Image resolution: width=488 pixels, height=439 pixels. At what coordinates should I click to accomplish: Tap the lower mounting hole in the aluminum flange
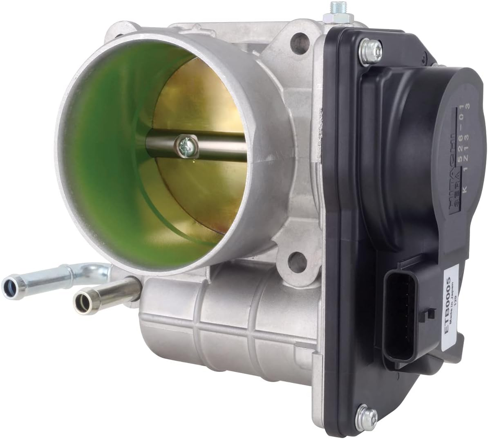(297, 260)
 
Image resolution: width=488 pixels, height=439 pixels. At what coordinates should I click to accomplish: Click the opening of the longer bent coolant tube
(9, 284)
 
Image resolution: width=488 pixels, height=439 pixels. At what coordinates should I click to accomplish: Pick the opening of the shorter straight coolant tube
(81, 302)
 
